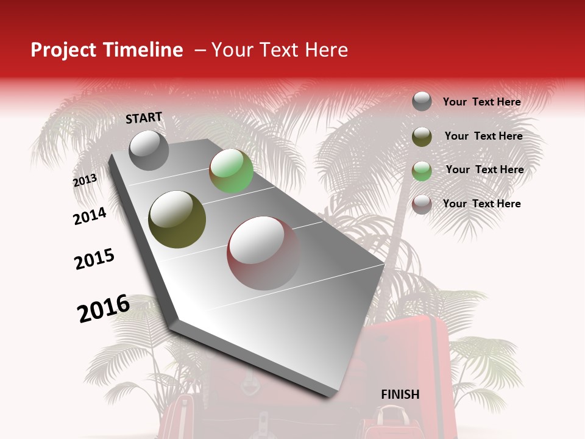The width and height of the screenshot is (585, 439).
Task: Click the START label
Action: click(x=144, y=118)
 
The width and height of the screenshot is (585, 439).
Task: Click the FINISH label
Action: click(x=400, y=394)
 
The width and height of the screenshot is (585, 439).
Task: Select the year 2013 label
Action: click(x=85, y=180)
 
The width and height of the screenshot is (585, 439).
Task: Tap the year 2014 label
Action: click(x=90, y=216)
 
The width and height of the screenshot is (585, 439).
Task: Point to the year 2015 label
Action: click(x=94, y=259)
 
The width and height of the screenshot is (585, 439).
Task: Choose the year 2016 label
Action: click(x=104, y=308)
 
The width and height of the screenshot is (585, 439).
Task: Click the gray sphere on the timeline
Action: click(x=149, y=150)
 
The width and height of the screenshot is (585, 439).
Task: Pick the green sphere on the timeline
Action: click(x=231, y=171)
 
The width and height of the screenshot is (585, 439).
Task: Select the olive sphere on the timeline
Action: click(x=177, y=219)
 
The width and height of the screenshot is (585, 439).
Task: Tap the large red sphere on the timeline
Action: click(x=263, y=252)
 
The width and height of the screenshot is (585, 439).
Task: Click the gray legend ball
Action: click(x=422, y=102)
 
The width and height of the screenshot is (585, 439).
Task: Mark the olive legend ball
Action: click(x=422, y=137)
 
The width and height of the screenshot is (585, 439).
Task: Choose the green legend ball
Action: click(x=422, y=171)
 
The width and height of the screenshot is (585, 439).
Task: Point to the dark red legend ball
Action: click(x=422, y=204)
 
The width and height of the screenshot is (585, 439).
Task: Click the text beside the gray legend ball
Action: click(x=481, y=102)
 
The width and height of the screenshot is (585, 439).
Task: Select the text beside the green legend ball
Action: click(x=484, y=170)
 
